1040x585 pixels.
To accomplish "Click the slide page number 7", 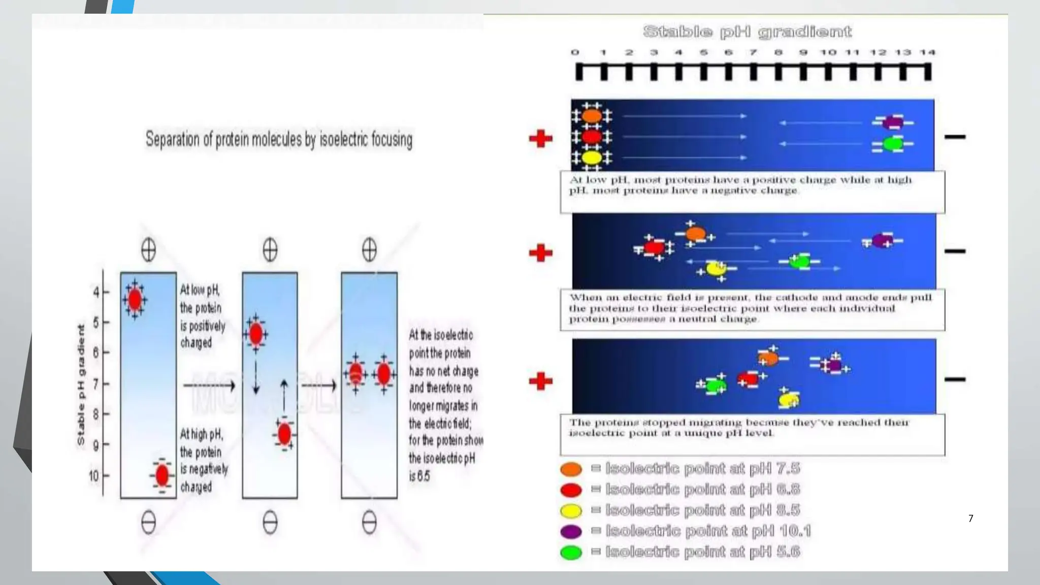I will [970, 518].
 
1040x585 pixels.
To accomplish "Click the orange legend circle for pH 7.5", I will [571, 469].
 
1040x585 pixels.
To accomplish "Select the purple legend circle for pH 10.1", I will [571, 531].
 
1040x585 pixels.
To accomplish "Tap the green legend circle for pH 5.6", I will [571, 552].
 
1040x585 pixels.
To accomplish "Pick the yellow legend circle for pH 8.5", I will [571, 510].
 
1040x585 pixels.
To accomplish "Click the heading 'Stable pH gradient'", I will [747, 32].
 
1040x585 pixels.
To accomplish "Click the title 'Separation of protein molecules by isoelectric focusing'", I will [279, 139].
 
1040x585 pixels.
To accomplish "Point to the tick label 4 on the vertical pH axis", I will [96, 292].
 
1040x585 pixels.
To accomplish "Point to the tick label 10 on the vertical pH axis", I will [93, 476].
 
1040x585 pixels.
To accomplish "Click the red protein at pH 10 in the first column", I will [162, 476].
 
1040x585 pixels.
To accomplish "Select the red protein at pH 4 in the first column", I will [135, 300].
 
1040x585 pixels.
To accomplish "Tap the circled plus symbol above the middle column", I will [270, 250].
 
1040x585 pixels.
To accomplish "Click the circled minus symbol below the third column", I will [369, 523].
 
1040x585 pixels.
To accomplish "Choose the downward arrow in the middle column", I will [256, 378].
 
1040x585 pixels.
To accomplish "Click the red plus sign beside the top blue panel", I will [540, 138].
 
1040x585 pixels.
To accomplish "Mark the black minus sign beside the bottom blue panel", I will [955, 379].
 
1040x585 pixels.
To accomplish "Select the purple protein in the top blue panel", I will [892, 123].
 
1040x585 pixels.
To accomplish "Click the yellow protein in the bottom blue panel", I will [789, 400].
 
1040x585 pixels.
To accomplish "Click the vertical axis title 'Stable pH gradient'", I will [81, 385].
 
